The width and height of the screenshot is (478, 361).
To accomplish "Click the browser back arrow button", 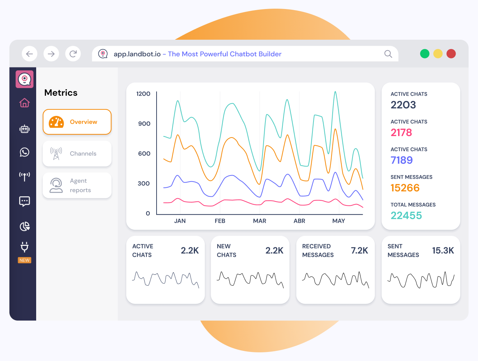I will [30, 54].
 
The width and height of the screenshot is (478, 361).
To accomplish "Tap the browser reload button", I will [73, 54].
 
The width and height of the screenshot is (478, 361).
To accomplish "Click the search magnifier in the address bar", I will [388, 54].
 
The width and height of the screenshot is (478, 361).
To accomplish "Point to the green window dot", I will [425, 54].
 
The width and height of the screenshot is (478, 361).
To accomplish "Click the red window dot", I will [451, 54].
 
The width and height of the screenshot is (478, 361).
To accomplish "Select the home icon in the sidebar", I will [25, 103].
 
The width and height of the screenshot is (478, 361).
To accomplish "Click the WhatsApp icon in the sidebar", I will [25, 152].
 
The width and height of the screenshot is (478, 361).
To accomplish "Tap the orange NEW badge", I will [25, 260].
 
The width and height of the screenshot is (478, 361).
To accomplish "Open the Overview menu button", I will [77, 122].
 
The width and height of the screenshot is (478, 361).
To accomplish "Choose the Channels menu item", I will [77, 154].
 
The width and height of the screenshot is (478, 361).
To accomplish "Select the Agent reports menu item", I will [77, 186].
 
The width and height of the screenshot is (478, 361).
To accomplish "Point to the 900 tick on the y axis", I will [144, 124].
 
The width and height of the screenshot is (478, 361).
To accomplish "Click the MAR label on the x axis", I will [260, 221].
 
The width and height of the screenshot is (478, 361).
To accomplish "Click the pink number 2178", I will [401, 132].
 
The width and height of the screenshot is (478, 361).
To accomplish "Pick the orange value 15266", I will [405, 188].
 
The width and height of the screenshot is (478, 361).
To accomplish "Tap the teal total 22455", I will [406, 216].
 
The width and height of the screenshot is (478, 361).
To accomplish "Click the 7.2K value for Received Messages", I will [359, 251].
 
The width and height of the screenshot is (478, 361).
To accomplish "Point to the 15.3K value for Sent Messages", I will [443, 251].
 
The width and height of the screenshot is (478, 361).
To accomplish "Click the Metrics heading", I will [61, 93].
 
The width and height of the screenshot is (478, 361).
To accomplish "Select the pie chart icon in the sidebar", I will [25, 226].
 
